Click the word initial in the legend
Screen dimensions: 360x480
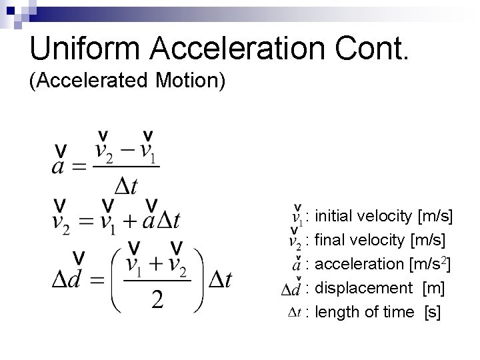coord(334,216)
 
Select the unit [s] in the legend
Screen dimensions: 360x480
coord(432,312)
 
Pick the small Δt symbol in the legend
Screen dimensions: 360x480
coord(295,312)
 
